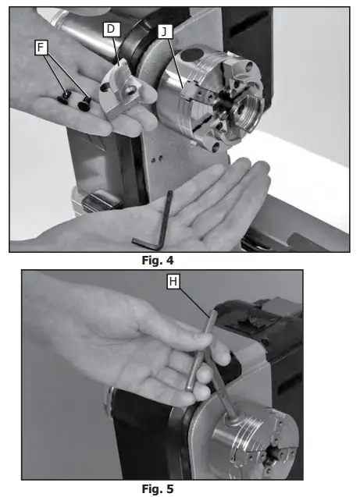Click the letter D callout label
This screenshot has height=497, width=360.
click(x=112, y=29)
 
